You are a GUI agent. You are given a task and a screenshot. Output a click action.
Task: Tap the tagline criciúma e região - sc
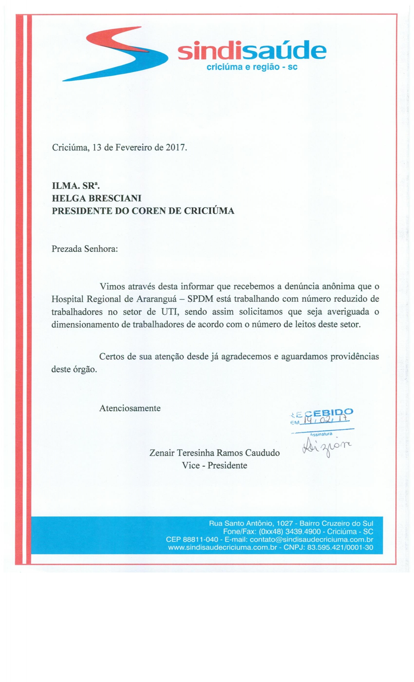(x=252, y=67)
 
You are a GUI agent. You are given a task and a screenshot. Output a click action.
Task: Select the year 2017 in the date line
(x=175, y=147)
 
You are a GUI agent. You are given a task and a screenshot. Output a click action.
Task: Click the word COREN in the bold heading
(x=148, y=211)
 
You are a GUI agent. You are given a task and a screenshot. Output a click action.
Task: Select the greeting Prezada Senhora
(x=85, y=249)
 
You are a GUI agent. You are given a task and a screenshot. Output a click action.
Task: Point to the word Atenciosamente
(x=130, y=408)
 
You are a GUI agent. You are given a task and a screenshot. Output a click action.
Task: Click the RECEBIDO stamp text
(x=321, y=412)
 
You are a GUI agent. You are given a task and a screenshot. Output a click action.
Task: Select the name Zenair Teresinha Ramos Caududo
(x=214, y=453)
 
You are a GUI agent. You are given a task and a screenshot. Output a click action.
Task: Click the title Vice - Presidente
(x=214, y=465)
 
